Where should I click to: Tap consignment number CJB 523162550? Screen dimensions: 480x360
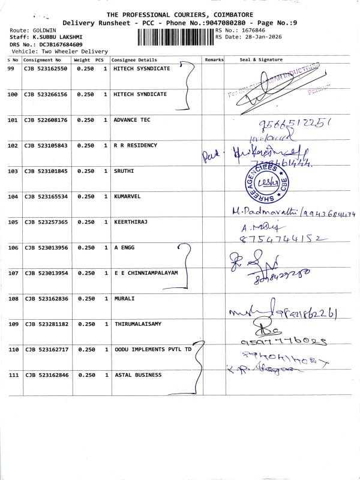coord(46,69)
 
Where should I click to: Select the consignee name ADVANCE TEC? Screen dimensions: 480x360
coord(132,120)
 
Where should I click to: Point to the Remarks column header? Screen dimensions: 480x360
coord(214,60)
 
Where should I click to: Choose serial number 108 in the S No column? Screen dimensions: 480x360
coord(12,298)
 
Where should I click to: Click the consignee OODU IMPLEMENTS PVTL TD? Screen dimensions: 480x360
coord(153,349)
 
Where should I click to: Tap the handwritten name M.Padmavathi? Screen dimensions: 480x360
coord(265,212)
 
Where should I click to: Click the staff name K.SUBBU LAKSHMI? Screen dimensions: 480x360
coord(56,37)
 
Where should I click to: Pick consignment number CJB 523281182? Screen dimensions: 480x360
coord(46,324)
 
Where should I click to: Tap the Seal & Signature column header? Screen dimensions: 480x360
coord(261,60)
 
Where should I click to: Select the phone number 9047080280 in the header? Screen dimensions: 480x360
coord(226,22)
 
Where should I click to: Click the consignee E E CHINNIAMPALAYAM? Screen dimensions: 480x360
coord(146,273)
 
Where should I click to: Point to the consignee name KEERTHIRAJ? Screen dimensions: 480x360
coord(131,222)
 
